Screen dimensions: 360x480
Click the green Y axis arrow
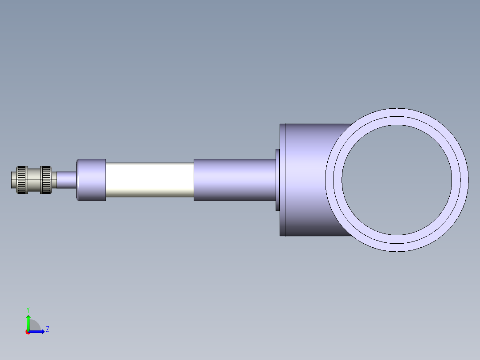28,321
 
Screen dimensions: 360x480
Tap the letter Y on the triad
28,309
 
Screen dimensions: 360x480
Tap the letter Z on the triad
48,330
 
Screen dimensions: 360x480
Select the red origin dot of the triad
28,332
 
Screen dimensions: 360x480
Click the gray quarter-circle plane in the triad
34,326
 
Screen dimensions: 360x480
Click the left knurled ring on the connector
21,180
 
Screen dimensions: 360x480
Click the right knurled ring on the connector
46,180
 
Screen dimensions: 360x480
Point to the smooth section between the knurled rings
34,180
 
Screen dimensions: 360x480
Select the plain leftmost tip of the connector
13,180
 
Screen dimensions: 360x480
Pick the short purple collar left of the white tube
92,180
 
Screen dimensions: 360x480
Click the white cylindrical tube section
150,180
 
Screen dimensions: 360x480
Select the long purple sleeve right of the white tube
234,180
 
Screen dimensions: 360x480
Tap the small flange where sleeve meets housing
277,180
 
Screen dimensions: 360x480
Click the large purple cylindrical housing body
307,180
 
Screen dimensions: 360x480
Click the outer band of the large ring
397,112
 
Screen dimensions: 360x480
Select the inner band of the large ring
397,121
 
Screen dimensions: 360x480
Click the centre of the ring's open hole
397,180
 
